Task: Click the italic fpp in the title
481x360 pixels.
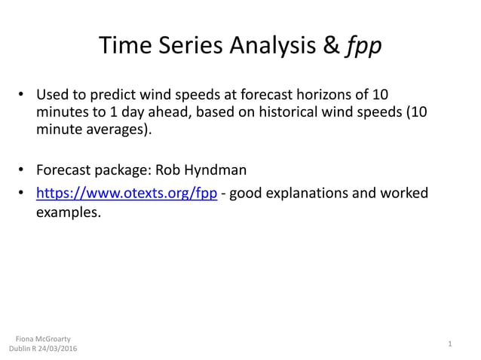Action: point(363,47)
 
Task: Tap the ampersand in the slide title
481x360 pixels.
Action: point(332,47)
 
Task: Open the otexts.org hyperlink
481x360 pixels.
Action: point(127,194)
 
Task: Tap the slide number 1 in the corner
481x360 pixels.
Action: point(449,344)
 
